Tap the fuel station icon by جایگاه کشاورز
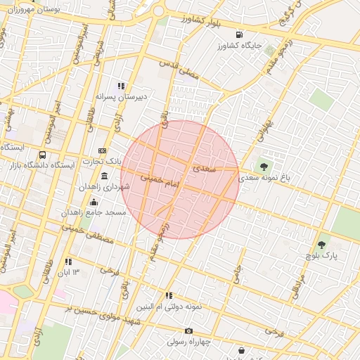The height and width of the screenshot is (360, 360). click(x=240, y=34)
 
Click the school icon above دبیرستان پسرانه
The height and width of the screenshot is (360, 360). click(x=121, y=85)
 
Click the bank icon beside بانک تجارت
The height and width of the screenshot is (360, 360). click(x=103, y=150)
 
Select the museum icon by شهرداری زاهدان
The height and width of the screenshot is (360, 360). click(x=105, y=176)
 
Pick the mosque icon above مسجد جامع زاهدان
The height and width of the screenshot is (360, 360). click(x=94, y=202)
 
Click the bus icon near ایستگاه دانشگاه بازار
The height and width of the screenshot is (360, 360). click(x=42, y=155)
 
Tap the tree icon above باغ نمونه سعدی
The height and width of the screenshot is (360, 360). click(x=264, y=167)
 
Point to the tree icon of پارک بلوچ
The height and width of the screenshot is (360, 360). click(x=322, y=245)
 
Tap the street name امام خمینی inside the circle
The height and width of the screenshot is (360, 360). click(x=161, y=180)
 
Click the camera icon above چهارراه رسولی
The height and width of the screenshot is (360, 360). click(x=188, y=330)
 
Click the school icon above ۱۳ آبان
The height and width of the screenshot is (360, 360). click(x=69, y=261)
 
